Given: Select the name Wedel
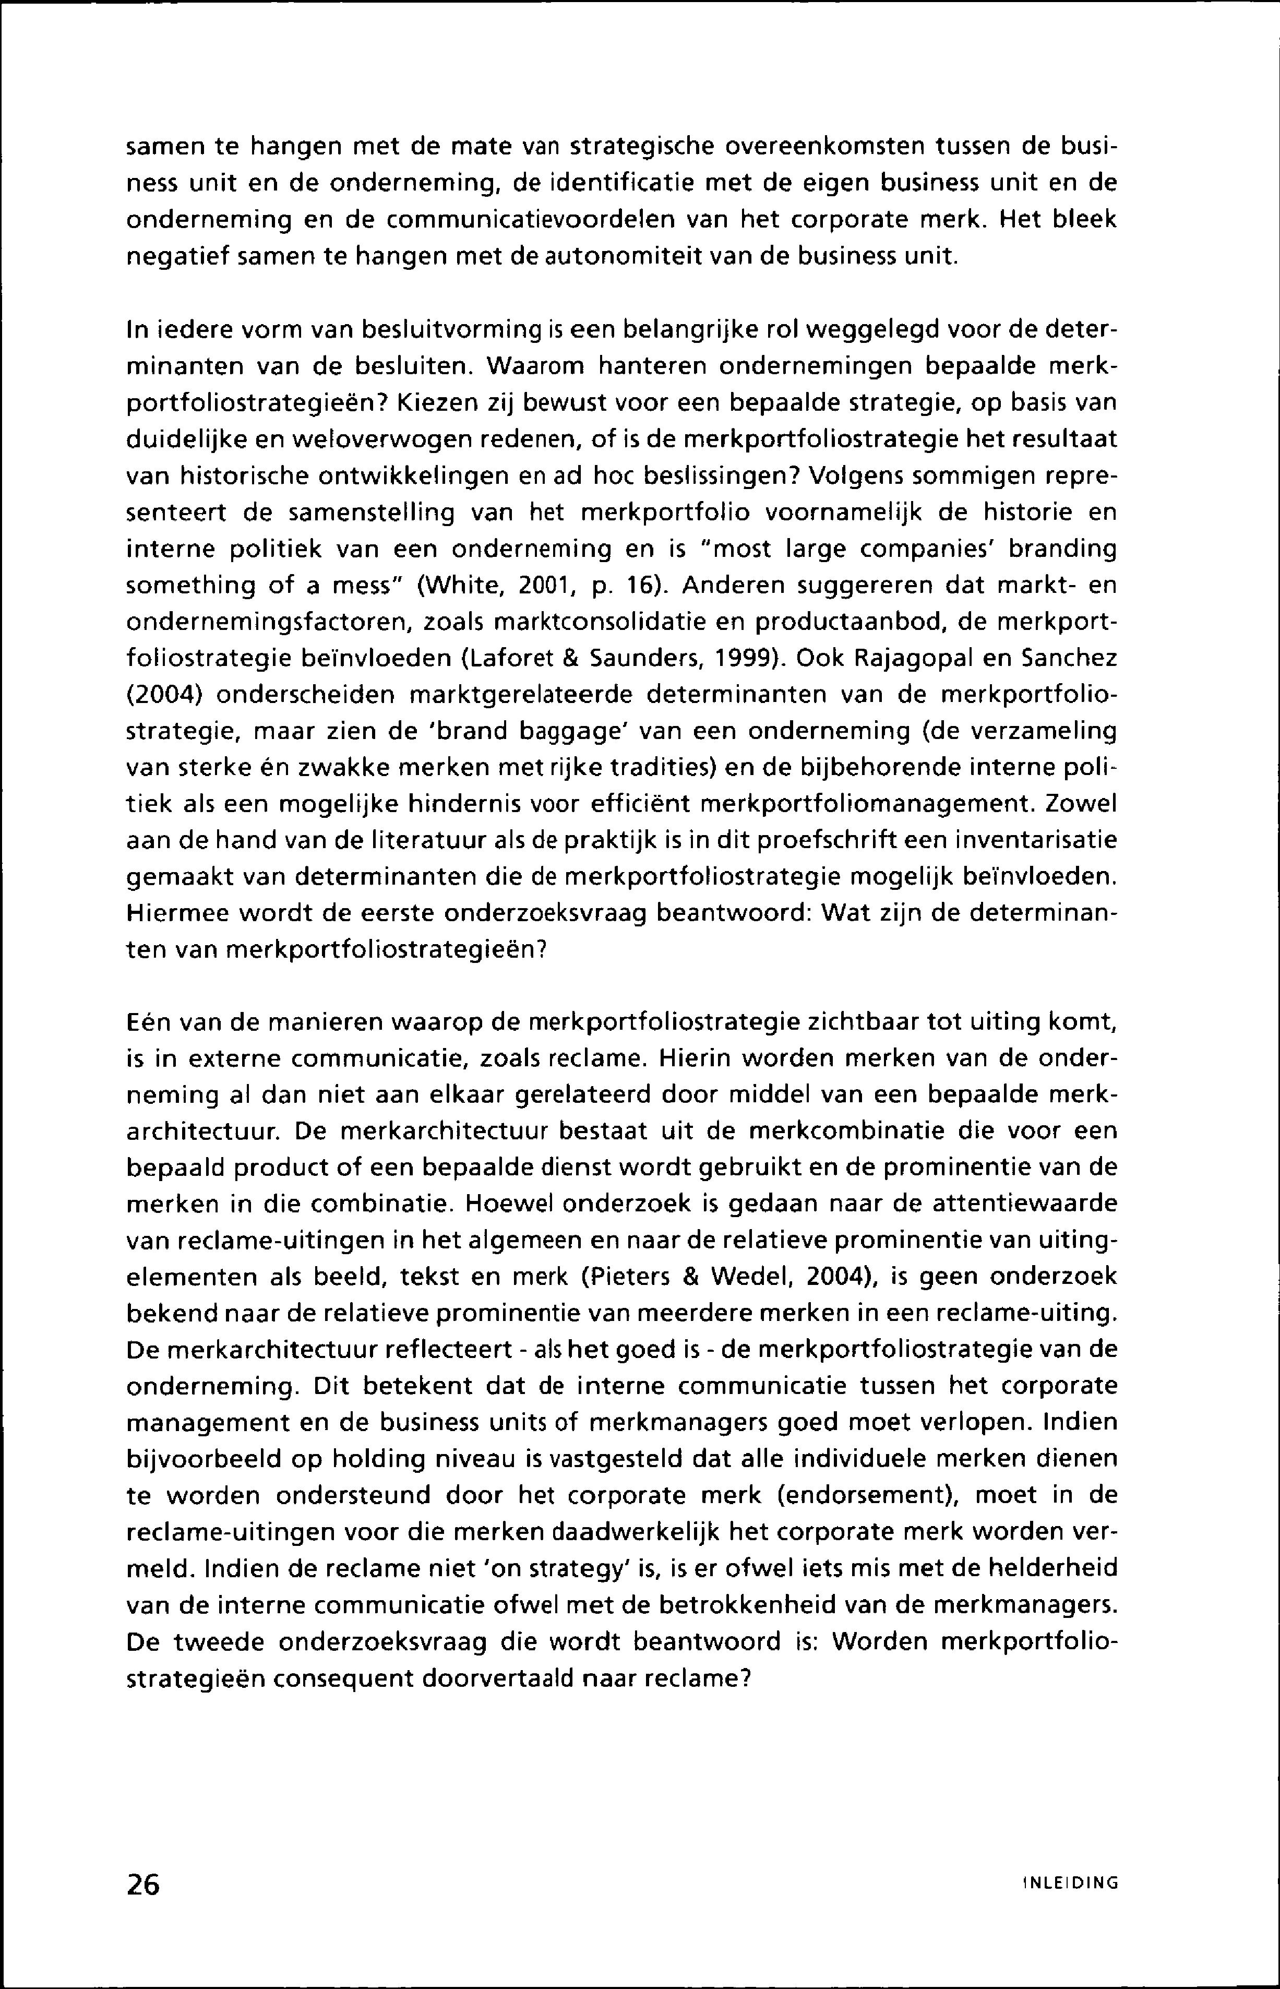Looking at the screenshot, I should tap(750, 1277).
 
